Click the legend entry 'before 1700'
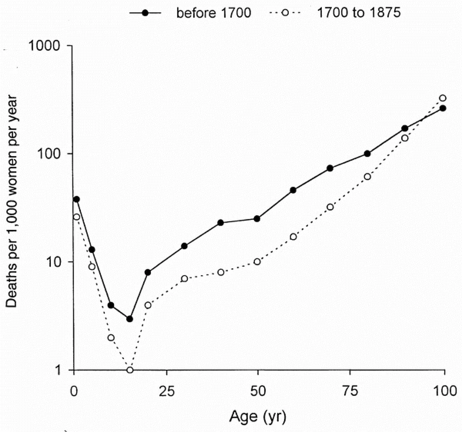point(214,13)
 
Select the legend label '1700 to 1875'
point(359,13)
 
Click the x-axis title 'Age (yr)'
point(258,416)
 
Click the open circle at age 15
point(130,370)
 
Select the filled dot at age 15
point(130,319)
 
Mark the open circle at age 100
point(443,98)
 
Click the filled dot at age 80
point(367,154)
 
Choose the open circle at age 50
point(257,262)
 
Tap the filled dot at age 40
point(221,223)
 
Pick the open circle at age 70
point(330,207)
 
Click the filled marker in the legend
point(145,13)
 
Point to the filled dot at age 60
point(293,190)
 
